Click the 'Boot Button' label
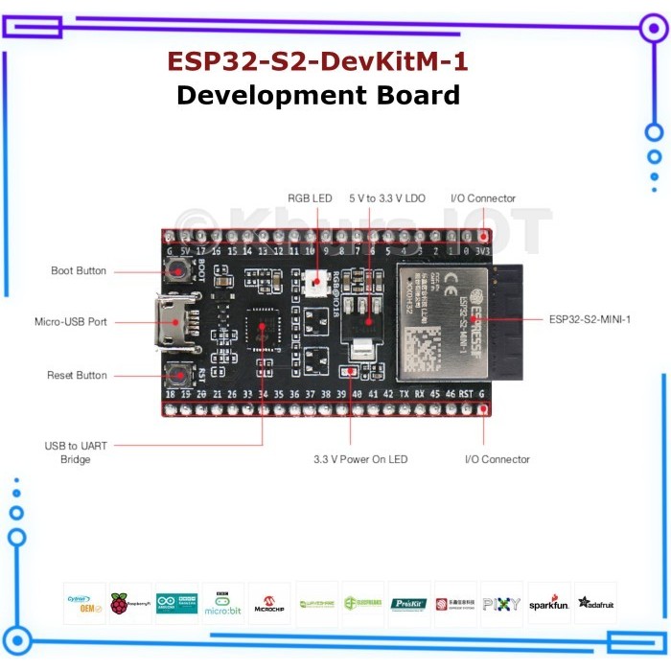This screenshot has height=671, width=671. [79, 271]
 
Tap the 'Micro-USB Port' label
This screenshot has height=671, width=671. [71, 322]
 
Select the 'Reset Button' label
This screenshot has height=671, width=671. [77, 375]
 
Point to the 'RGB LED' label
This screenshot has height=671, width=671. [310, 198]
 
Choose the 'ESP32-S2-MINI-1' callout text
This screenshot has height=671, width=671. [590, 318]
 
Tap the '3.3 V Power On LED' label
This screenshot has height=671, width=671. [360, 459]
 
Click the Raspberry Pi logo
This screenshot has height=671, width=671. [130, 604]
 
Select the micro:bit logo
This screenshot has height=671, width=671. [223, 604]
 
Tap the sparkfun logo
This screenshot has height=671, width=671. [548, 604]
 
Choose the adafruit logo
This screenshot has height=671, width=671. [595, 604]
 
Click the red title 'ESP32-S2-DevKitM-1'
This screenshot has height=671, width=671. [318, 61]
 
